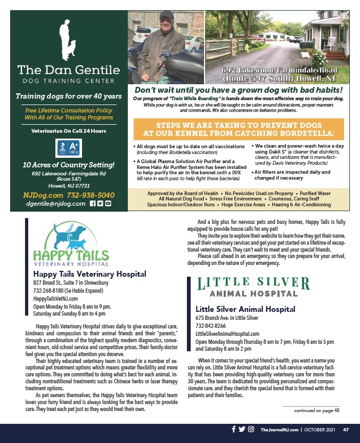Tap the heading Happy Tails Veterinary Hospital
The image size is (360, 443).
tap(89, 274)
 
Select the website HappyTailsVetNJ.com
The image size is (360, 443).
tap(56, 299)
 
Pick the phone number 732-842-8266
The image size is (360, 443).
tap(210, 326)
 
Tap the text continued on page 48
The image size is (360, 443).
tap(316, 410)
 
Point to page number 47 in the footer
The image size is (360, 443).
tap(346, 430)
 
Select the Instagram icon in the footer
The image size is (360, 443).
tap(251, 429)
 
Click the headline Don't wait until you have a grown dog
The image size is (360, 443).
tap(239, 91)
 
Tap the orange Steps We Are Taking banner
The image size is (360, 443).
tap(239, 129)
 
